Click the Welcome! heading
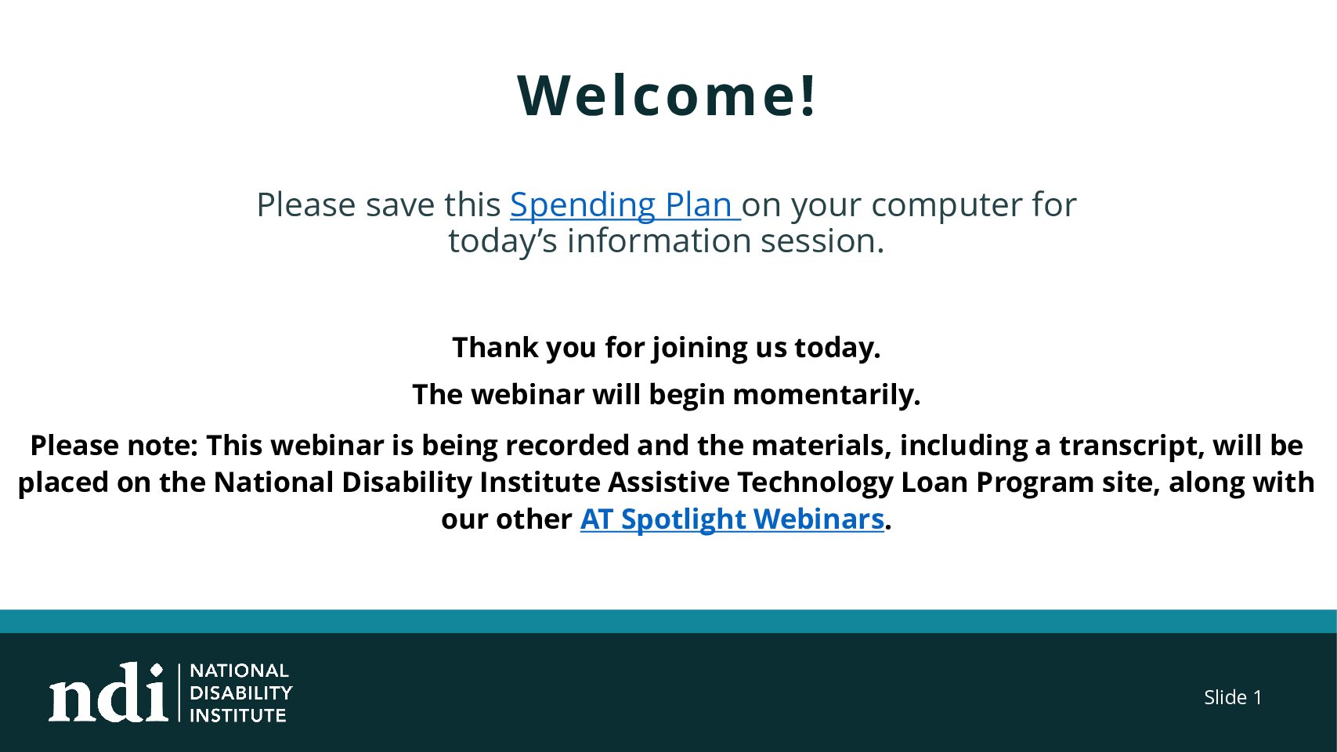tap(667, 96)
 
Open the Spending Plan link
tap(625, 204)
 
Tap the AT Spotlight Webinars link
tap(732, 519)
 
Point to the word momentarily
tap(826, 395)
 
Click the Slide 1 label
tap(1233, 697)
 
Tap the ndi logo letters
tap(108, 692)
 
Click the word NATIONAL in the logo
tap(239, 671)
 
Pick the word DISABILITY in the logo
tap(240, 693)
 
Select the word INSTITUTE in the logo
tap(237, 715)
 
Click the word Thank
tap(495, 347)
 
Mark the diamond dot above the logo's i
tap(157, 670)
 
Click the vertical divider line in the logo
tap(179, 692)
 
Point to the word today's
tap(503, 242)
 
